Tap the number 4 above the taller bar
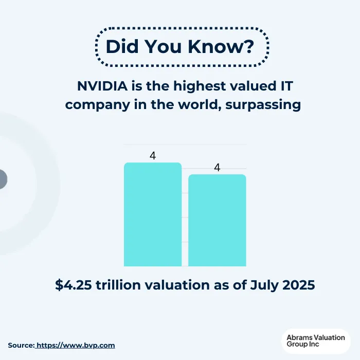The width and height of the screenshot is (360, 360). coord(153,156)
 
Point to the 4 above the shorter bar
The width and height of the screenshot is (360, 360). coord(217,168)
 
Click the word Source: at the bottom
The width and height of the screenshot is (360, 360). coord(21,345)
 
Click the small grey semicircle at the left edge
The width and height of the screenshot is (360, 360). coord(3,179)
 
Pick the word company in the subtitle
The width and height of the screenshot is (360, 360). coord(91,104)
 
